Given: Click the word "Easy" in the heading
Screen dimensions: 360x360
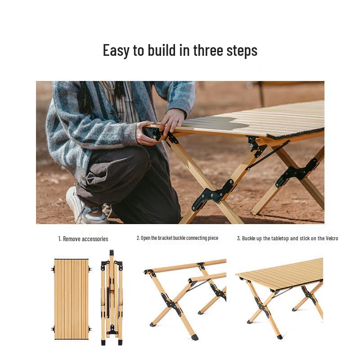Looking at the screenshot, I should point(116,50).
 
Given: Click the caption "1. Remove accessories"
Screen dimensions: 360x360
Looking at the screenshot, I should point(83,239).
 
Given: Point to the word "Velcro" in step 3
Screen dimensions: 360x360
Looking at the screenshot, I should point(328,238).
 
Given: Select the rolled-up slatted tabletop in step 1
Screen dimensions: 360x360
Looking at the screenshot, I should point(71,299).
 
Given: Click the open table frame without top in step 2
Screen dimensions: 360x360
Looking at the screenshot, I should point(184,297).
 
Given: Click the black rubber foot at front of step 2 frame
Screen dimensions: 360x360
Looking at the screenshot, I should point(194,337).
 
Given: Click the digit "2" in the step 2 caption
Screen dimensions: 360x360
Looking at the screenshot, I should point(138,238).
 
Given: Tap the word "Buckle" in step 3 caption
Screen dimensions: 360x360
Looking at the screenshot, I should point(250,238).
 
